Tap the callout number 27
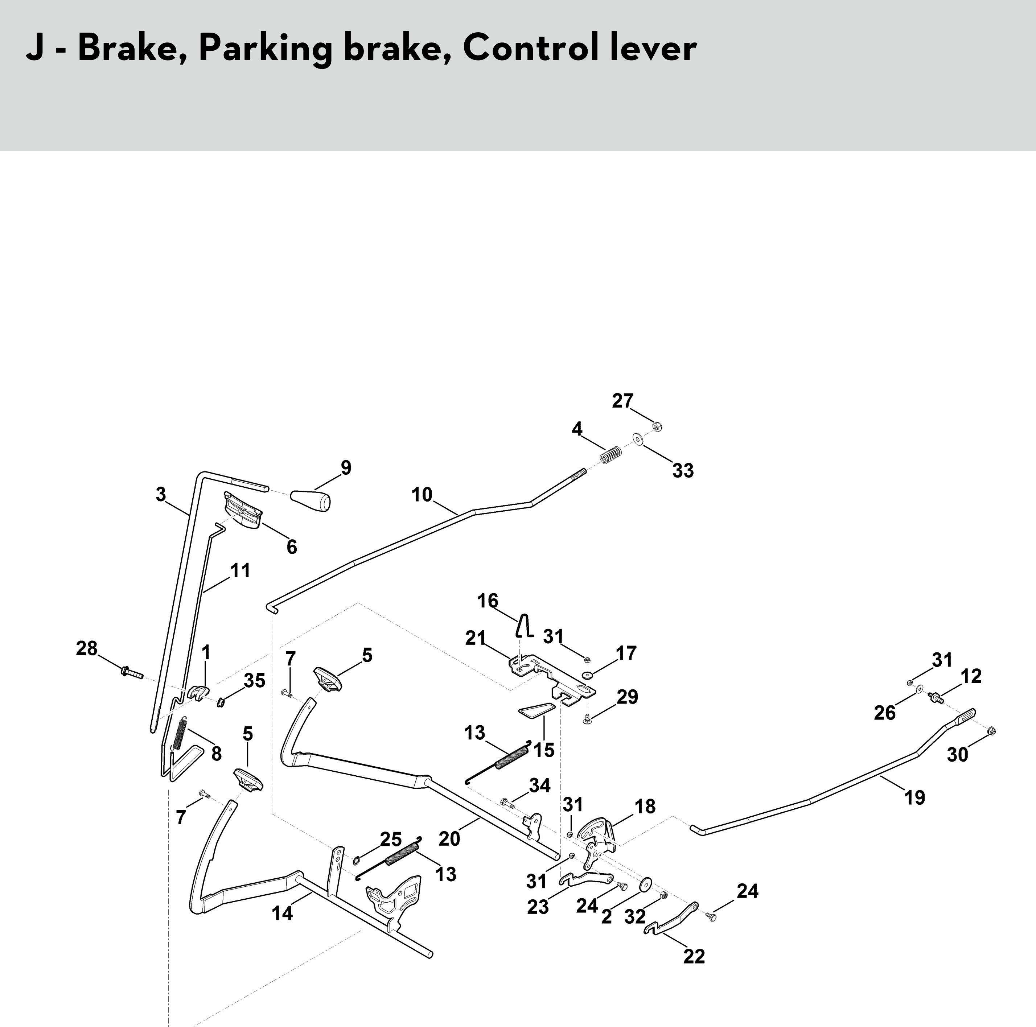coord(622,401)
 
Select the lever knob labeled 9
coord(311,500)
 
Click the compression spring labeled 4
coord(611,455)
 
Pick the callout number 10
coord(422,494)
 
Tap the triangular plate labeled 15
coord(536,710)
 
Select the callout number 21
coord(476,638)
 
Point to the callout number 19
coord(915,797)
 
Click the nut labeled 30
coord(991,731)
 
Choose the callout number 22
coord(694,956)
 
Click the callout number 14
coord(283,913)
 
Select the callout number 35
coord(255,680)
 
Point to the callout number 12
coord(971,676)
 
